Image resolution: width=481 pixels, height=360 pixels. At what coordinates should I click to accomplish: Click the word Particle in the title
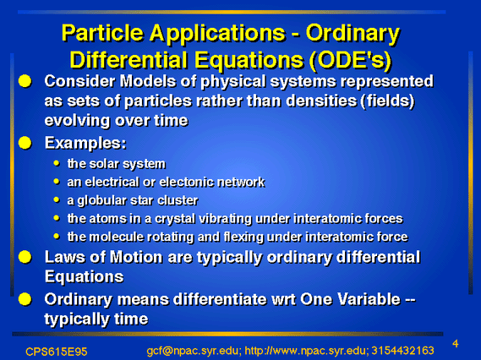pos(102,32)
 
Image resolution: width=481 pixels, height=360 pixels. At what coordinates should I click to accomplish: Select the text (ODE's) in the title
pos(350,60)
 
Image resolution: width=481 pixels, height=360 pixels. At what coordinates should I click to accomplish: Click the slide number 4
pos(456,344)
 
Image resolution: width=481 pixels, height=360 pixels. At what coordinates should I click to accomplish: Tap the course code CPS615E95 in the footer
pos(57,352)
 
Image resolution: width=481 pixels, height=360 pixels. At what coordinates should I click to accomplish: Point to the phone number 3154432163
pos(402,350)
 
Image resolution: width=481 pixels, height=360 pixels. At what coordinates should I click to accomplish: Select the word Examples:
pos(85,143)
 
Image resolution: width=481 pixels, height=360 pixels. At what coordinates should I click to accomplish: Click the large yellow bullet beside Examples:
pos(25,143)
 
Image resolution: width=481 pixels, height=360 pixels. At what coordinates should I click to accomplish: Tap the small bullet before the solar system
pos(56,163)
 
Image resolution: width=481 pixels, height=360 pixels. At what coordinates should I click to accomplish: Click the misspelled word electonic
pos(187,183)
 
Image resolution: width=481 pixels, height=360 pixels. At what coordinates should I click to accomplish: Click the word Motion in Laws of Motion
pos(136,257)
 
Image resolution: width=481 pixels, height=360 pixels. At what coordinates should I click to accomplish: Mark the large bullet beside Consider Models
pos(25,81)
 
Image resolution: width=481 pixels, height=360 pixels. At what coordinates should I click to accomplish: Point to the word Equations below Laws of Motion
pos(84,276)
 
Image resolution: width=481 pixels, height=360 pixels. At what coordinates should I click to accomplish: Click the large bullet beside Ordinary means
pos(25,299)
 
